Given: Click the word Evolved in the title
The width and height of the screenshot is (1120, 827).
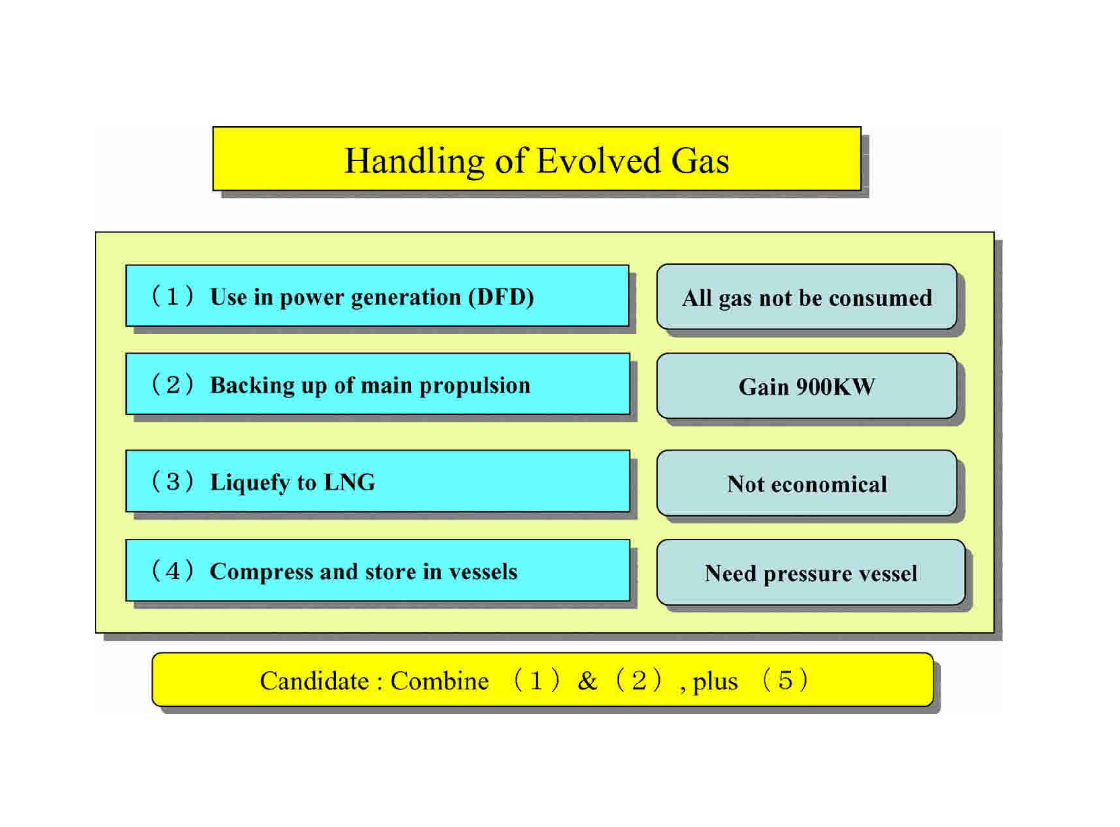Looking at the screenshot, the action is (599, 161).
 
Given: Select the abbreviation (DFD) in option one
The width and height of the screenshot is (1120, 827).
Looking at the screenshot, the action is (501, 297).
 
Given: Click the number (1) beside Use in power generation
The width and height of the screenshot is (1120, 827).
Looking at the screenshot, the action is (172, 296).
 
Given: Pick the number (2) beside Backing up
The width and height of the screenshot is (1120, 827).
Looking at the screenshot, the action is (172, 385).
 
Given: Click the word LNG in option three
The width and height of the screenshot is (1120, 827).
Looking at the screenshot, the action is (350, 482).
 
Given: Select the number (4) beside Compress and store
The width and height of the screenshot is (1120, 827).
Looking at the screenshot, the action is (172, 571).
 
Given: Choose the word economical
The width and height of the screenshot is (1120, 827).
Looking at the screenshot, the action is (829, 485).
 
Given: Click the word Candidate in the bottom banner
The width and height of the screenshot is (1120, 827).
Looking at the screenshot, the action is (315, 682).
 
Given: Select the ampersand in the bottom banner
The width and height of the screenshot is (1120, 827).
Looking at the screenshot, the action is (587, 682).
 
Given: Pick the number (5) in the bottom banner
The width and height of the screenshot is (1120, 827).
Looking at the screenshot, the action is (785, 681).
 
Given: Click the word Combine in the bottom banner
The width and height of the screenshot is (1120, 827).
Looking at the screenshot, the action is (440, 682).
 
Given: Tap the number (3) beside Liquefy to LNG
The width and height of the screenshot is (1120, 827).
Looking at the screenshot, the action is (172, 482).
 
